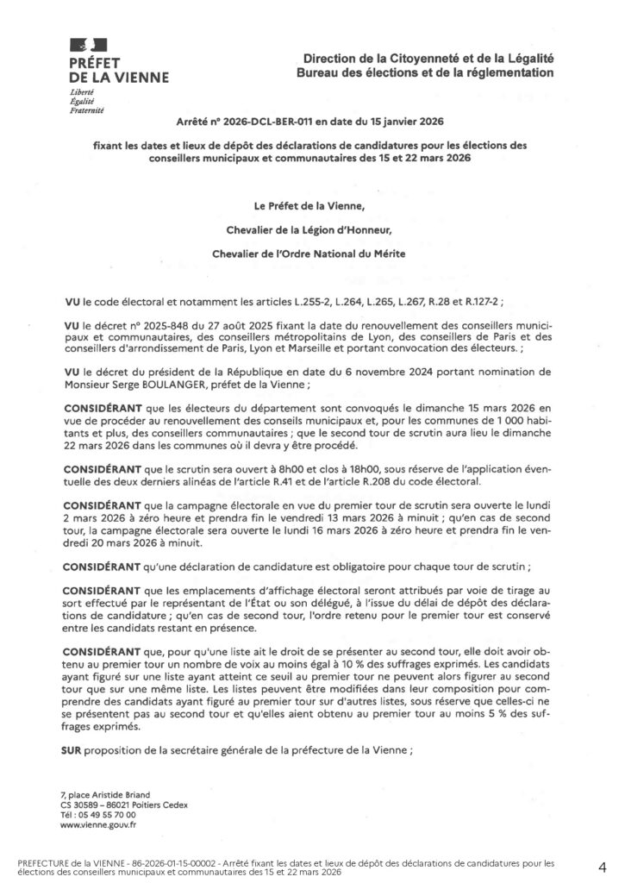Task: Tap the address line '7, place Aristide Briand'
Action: tap(104, 793)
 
